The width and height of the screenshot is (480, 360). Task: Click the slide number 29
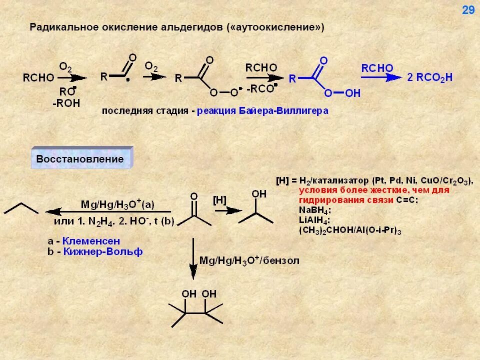(x=468, y=10)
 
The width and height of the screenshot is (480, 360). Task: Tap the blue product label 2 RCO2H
(x=430, y=77)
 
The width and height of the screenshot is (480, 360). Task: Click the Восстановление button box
(x=80, y=159)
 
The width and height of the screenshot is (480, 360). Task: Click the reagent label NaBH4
(x=315, y=209)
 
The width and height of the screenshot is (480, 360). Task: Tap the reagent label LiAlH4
(x=314, y=220)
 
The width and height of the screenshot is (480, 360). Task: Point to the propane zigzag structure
(x=21, y=208)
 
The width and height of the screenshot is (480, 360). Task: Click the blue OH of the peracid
(x=353, y=93)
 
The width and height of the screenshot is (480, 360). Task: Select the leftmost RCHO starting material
(x=37, y=77)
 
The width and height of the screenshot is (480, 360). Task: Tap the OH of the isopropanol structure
(x=259, y=193)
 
